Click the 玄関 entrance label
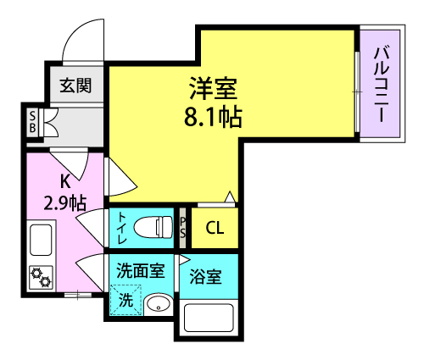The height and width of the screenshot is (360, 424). (75, 86)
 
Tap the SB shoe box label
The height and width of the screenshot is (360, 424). (33, 122)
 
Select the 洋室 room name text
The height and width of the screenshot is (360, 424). (214, 88)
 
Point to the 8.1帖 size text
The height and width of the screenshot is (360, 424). (213, 117)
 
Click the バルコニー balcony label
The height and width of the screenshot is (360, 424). (382, 85)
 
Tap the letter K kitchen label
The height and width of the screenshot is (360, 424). (65, 181)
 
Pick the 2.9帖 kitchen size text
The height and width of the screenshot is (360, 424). (65, 202)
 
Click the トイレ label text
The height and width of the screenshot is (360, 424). (122, 228)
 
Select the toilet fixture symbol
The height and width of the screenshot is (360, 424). (153, 227)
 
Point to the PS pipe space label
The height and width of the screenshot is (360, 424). (183, 228)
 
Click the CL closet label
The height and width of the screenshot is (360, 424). (215, 228)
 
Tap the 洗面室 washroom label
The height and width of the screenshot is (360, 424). (141, 270)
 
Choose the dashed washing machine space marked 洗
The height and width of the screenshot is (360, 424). (126, 300)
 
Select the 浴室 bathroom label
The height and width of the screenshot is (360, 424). (205, 276)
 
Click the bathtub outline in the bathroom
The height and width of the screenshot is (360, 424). (209, 318)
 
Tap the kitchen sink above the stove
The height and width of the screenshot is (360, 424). (41, 240)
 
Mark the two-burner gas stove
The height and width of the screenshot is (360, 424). (42, 278)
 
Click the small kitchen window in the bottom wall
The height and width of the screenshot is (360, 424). (78, 295)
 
